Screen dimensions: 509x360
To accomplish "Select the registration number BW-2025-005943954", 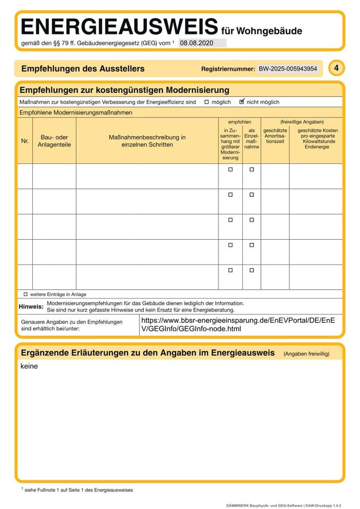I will pos(288,69).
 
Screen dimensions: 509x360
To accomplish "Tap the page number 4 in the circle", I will pos(336,68).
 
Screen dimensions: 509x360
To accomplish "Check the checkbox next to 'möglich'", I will pos(207,102).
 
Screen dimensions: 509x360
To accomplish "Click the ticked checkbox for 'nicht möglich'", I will pos(242,101).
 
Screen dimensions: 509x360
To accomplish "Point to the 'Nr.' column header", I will pos(25,141).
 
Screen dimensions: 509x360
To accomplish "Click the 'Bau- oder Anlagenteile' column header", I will pos(54,141).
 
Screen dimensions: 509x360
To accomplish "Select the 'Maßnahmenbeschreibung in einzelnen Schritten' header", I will pos(147,141).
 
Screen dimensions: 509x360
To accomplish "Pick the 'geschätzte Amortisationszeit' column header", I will pos(275,136).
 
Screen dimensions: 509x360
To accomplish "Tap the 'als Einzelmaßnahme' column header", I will pos(251,138).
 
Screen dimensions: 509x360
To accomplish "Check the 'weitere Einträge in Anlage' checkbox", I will pos(25,294).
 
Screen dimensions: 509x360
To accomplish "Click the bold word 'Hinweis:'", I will pos(31,306).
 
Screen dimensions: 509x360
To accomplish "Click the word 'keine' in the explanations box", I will pos(29,366).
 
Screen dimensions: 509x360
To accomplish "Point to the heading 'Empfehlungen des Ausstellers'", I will pos(83,69).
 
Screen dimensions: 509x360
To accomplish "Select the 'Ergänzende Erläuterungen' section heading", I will pos(147,353).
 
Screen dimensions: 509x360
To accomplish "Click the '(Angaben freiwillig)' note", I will pos(306,354).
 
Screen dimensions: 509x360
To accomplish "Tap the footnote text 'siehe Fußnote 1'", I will pos(77,490).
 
